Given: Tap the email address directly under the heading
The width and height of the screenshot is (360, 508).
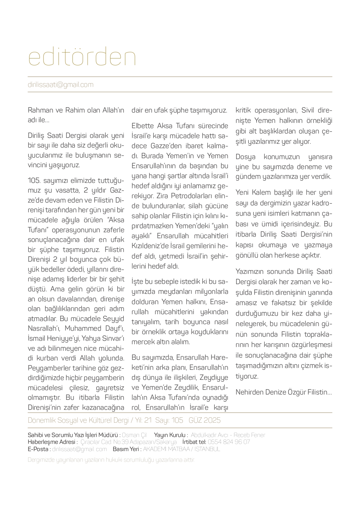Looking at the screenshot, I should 61,85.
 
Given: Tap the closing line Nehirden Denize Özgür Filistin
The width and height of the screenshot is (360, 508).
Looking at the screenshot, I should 283,392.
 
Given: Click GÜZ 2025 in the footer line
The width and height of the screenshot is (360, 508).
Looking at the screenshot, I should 205,420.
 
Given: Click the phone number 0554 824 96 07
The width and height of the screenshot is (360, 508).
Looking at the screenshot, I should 229,442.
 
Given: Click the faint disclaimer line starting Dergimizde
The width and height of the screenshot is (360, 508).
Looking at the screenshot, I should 111,460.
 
